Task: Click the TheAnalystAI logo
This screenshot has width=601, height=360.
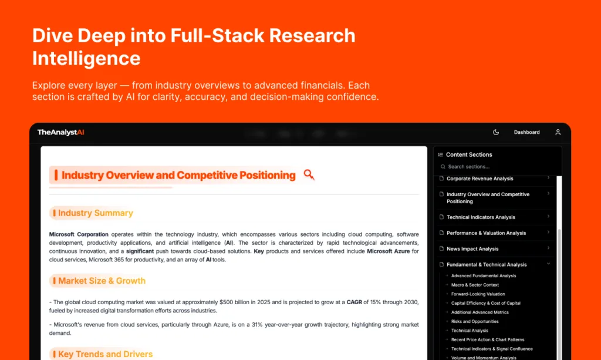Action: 60,132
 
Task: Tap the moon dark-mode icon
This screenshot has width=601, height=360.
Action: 495,132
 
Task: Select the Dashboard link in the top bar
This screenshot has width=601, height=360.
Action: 526,132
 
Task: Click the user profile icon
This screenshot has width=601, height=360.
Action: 558,132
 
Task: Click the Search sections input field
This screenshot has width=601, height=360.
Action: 498,167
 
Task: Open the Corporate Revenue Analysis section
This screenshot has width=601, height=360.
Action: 480,179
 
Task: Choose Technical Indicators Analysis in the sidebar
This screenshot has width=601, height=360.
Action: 481,217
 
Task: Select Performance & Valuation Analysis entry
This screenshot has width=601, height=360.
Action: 486,233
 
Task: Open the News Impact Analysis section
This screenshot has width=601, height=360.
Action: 472,249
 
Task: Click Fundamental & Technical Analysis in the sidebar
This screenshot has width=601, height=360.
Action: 487,264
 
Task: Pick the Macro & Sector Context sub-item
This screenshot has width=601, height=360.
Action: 475,285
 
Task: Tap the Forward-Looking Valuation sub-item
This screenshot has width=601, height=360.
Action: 478,294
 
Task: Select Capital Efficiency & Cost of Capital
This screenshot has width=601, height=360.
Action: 485,303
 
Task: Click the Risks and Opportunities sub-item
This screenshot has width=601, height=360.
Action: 474,322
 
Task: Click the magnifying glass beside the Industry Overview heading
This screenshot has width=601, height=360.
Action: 309,175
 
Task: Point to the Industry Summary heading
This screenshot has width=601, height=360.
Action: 96,213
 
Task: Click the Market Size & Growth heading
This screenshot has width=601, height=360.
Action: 102,281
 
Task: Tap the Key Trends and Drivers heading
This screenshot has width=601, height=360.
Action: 105,354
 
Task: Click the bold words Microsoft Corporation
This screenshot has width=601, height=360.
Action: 79,234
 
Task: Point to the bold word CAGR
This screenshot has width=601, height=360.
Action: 354,302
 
